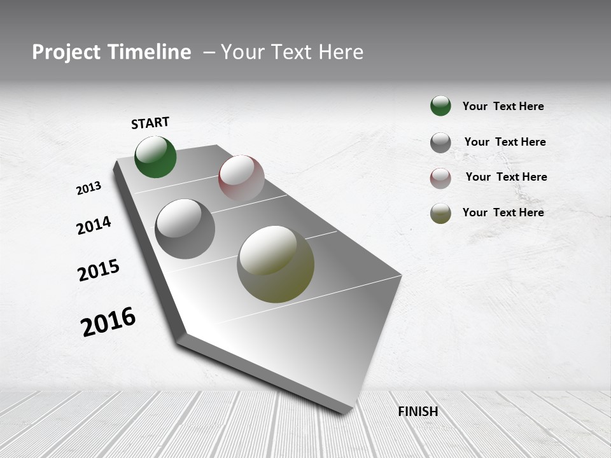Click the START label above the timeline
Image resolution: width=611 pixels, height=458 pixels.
(x=150, y=123)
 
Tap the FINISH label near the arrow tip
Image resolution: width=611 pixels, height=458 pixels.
(x=418, y=412)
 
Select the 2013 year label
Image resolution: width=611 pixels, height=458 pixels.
(x=88, y=188)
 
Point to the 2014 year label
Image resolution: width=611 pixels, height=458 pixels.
(x=94, y=225)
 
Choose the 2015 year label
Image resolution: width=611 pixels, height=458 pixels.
(x=98, y=270)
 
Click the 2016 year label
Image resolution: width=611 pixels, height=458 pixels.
(x=108, y=322)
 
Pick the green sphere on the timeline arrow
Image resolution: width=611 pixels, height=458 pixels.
(x=155, y=156)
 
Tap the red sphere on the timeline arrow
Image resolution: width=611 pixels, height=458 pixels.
(x=241, y=177)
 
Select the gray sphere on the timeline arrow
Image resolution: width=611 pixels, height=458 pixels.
(x=185, y=229)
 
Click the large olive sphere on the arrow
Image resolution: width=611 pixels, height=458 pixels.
(x=276, y=264)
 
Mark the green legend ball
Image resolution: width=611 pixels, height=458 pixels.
(x=440, y=106)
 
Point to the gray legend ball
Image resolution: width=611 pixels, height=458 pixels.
(x=440, y=142)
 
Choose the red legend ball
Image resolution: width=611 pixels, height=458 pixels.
(x=440, y=178)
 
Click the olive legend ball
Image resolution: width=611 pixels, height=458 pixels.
(x=440, y=213)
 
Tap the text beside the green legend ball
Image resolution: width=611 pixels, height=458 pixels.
(x=503, y=106)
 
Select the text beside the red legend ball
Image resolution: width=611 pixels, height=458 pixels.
(x=506, y=177)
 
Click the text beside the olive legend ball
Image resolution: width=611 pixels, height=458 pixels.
(x=503, y=212)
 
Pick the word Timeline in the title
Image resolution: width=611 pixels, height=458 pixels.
(x=150, y=52)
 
